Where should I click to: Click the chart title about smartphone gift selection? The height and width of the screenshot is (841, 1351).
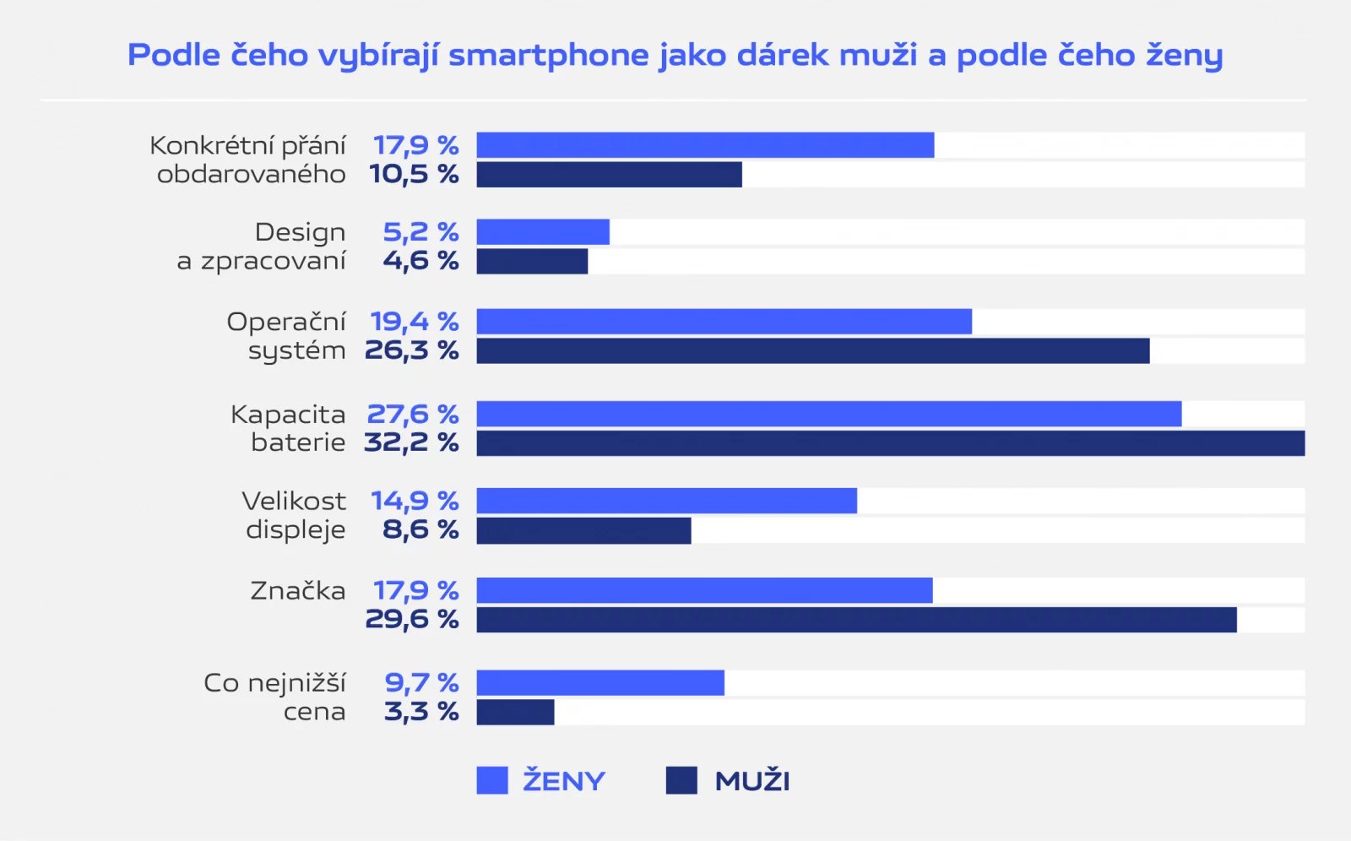click(x=675, y=56)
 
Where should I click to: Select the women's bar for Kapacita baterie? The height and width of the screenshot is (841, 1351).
click(x=828, y=414)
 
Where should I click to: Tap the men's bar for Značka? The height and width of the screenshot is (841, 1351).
click(x=856, y=620)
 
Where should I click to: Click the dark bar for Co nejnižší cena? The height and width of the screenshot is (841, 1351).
click(x=515, y=712)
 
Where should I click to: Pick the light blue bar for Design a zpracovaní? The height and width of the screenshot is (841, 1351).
click(x=543, y=232)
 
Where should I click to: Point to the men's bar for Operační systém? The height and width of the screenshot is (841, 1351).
click(x=812, y=351)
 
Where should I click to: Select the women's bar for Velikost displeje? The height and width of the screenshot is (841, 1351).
click(x=666, y=501)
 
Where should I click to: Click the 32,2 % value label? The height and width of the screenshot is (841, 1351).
click(x=411, y=442)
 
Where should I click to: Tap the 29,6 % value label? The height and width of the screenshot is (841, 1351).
click(x=412, y=620)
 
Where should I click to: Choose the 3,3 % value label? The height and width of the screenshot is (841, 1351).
click(x=421, y=712)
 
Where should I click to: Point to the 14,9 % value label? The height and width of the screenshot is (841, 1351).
click(x=415, y=501)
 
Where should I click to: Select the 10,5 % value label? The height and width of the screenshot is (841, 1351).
click(x=414, y=175)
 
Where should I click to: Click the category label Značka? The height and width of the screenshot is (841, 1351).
click(x=298, y=590)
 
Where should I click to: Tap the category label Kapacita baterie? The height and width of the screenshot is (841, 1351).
click(x=288, y=428)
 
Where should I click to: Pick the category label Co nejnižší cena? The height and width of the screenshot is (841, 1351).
click(x=274, y=697)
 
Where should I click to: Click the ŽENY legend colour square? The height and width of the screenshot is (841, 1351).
click(x=492, y=780)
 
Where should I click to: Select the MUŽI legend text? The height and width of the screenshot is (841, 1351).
click(x=752, y=781)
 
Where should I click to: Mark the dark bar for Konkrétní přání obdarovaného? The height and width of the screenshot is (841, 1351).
click(x=609, y=175)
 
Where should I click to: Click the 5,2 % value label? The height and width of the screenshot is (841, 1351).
click(x=420, y=232)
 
